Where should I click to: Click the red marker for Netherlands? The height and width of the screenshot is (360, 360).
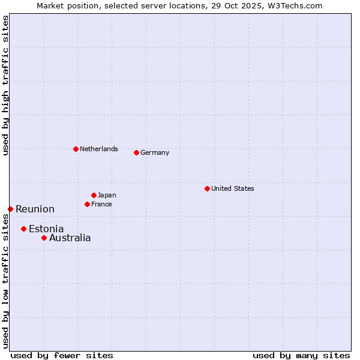76,149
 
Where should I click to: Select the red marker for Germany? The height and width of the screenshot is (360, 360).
136,152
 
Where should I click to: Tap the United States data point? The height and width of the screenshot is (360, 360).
207,188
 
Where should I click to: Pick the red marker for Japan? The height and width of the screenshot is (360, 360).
94,195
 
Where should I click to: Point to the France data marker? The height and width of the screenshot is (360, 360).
87,204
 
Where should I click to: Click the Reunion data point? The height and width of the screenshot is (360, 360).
10,209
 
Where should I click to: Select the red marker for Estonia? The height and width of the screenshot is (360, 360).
23,229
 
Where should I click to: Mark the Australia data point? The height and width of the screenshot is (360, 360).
44,238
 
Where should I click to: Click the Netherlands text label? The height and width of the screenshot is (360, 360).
98,149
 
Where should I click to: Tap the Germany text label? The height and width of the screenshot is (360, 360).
155,152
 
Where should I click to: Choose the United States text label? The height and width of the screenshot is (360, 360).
232,188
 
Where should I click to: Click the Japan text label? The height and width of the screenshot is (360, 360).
107,195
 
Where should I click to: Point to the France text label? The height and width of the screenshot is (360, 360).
101,204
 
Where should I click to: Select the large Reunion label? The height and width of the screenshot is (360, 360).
35,209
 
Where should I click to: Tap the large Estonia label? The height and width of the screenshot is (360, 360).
46,229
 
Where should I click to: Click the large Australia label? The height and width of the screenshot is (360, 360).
70,238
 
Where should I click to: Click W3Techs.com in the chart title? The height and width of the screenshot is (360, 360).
294,5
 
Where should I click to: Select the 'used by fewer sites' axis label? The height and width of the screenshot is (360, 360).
62,355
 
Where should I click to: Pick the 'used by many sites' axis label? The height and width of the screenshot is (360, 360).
301,355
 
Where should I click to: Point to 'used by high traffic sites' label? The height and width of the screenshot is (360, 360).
5,85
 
